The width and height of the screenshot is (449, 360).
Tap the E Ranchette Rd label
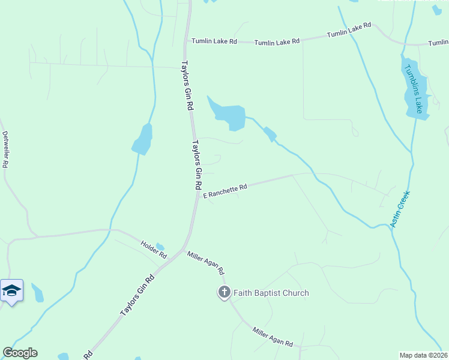coord(225,191)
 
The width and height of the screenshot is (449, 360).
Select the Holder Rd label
coord(154,249)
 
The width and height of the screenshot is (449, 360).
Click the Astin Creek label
coord(399,209)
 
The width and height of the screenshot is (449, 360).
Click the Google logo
coord(20,353)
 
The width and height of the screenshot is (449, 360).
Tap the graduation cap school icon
coord(11,291)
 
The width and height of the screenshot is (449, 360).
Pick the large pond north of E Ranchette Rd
coord(230,114)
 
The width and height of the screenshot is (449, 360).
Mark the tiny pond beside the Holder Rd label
coord(160,246)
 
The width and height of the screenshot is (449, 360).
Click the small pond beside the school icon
coord(37,293)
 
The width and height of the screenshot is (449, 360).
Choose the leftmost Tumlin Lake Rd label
coord(214,41)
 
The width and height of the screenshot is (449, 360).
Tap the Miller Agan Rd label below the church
coord(273,337)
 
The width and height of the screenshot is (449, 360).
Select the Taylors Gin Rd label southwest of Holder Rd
coord(137,295)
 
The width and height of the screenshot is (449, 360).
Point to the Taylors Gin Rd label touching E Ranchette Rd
coord(196,165)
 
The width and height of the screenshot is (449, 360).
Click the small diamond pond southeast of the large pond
coord(270,135)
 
